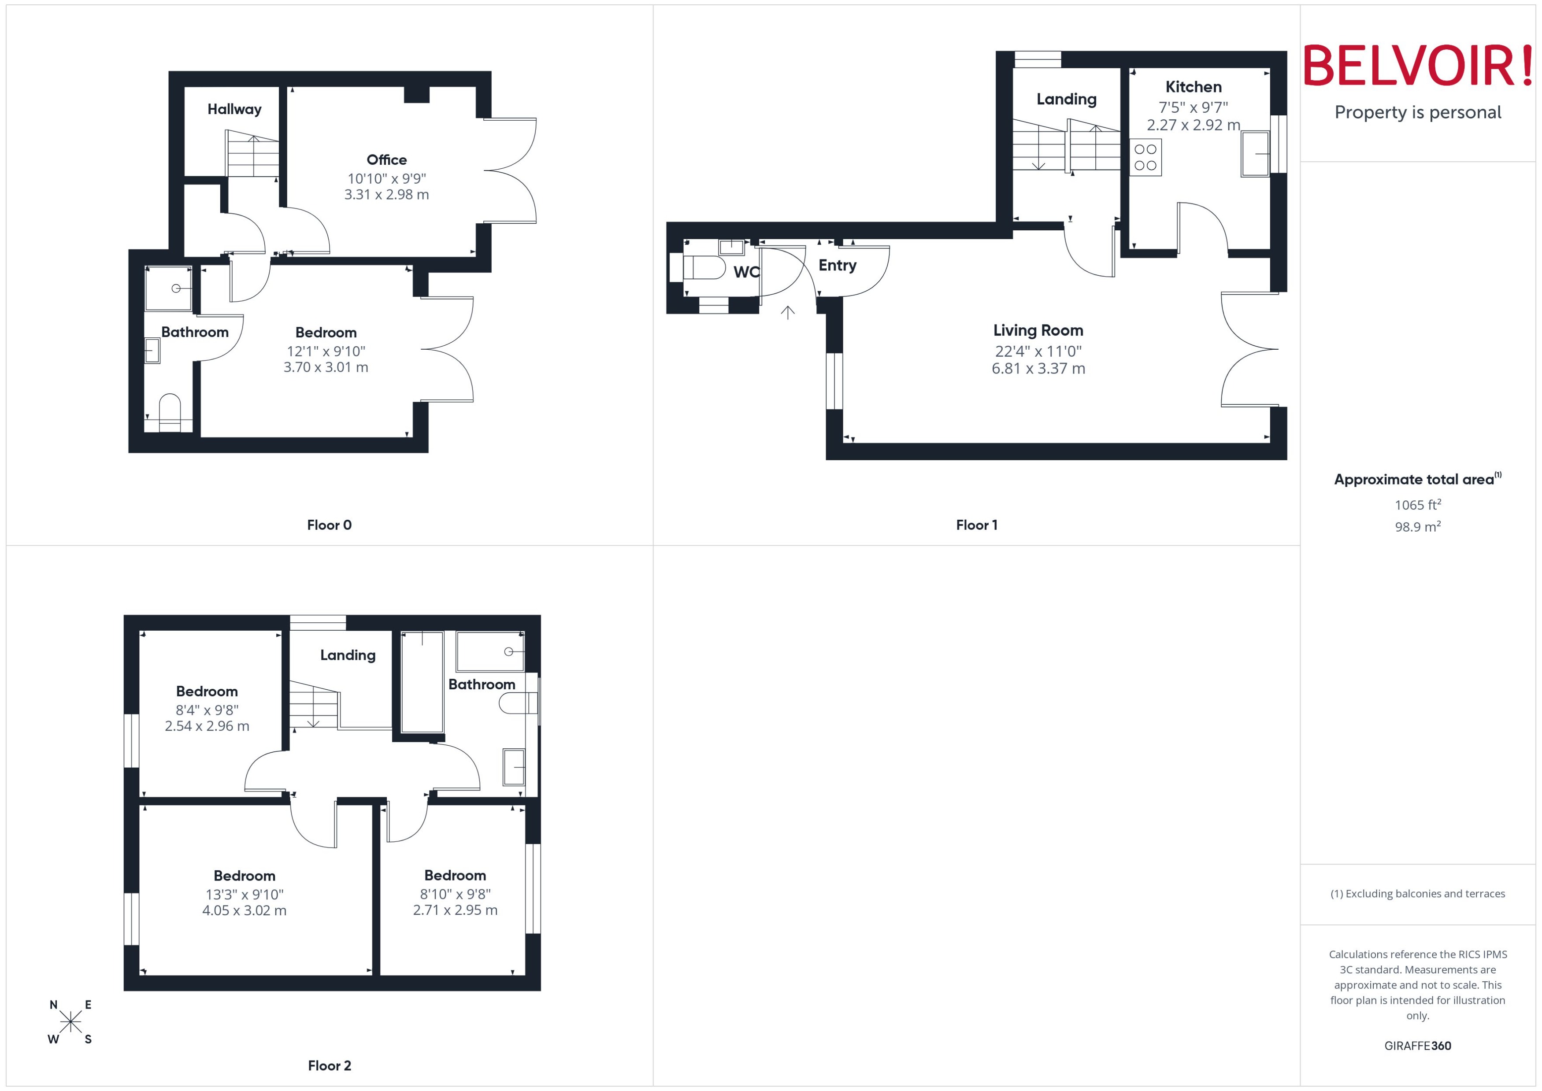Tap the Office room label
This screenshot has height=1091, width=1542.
[386, 160]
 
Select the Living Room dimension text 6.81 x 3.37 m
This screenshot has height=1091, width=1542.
[1038, 369]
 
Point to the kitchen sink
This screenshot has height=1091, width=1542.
[1254, 154]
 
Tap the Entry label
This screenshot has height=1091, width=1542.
[837, 265]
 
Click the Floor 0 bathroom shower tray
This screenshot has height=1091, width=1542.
[169, 288]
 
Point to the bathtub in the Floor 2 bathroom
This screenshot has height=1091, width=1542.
[422, 682]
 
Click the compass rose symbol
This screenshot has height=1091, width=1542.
[70, 1022]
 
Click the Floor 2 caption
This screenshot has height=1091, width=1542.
[329, 1065]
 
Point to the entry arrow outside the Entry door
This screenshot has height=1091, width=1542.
[787, 312]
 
